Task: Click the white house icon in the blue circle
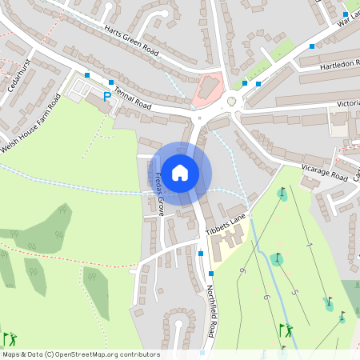(180, 172)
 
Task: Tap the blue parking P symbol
(107, 97)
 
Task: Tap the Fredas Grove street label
(159, 193)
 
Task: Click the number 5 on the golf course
(294, 290)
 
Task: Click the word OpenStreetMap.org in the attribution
(94, 354)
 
